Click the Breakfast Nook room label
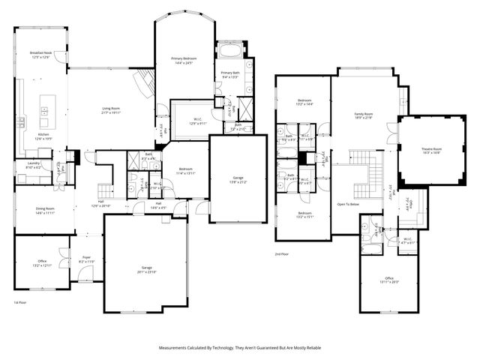40,52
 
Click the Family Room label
364,113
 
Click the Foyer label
86,257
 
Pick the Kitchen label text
43,134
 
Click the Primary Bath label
229,73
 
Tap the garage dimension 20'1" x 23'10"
147,271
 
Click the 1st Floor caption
20,303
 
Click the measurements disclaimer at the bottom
239,348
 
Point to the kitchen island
44,112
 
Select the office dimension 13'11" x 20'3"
389,282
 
